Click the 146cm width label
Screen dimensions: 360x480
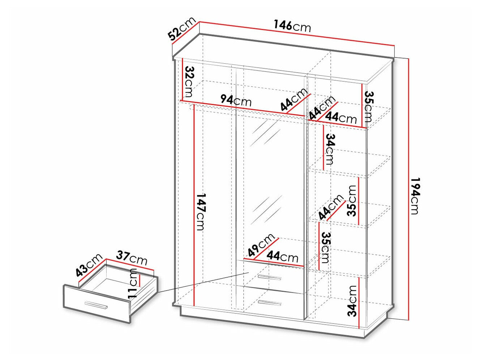click(292, 26)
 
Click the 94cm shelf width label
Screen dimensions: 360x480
click(236, 100)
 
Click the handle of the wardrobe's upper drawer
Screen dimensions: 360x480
click(270, 277)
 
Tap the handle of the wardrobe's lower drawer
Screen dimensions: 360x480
click(270, 303)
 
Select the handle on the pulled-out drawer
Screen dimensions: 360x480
click(95, 305)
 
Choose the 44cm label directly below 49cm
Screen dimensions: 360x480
click(282, 257)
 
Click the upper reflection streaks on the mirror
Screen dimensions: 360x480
click(267, 133)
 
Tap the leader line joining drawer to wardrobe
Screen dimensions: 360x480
click(202, 282)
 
